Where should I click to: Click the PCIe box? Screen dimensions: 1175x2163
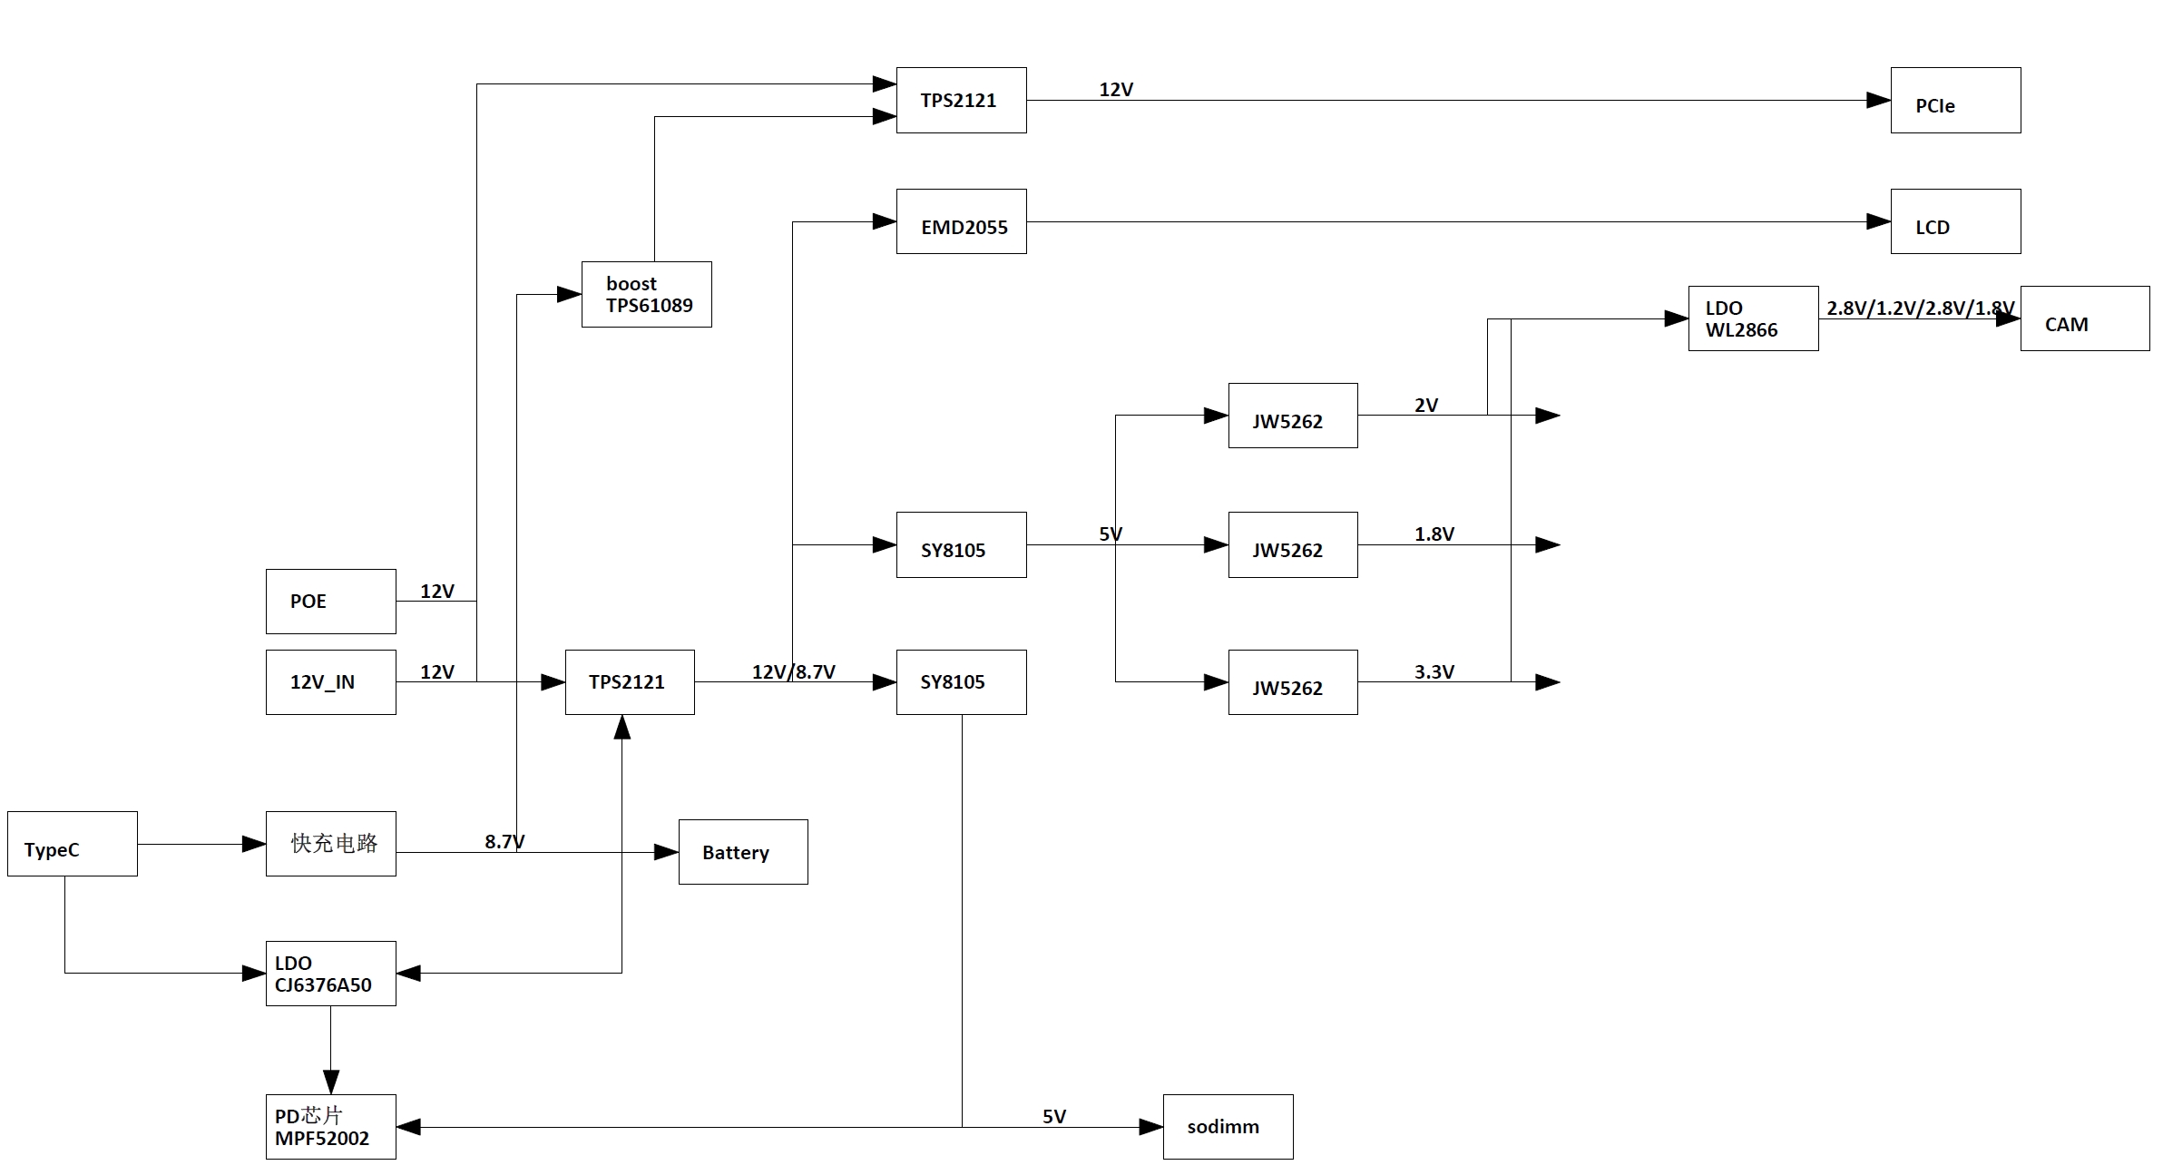click(1954, 101)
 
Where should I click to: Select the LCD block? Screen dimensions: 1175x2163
click(1954, 221)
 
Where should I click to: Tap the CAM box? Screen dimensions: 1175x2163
click(2084, 318)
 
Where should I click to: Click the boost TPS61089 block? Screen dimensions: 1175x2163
click(646, 295)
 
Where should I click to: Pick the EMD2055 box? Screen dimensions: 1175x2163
click(961, 221)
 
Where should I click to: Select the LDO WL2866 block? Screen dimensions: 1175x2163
click(1752, 318)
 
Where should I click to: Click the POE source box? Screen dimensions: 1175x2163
click(330, 602)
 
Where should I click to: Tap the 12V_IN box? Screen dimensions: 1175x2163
click(330, 682)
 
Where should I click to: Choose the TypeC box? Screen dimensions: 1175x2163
click(72, 844)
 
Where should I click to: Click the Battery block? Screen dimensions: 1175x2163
click(742, 852)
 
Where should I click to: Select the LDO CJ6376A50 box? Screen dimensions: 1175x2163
click(330, 974)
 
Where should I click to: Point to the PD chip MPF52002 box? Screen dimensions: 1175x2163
click(330, 1127)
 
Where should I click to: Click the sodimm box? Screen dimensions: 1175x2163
click(1228, 1127)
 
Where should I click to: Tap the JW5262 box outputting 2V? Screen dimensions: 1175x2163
click(1292, 416)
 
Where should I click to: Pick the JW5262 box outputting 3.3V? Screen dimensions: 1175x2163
click(1292, 682)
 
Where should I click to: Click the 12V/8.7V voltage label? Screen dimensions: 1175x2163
click(793, 671)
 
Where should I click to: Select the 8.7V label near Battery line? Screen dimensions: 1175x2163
click(504, 841)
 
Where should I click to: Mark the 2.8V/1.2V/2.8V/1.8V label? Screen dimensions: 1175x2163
click(1920, 308)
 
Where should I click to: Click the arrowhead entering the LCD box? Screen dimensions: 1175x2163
click(1878, 221)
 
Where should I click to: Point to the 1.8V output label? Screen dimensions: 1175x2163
click(1434, 534)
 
